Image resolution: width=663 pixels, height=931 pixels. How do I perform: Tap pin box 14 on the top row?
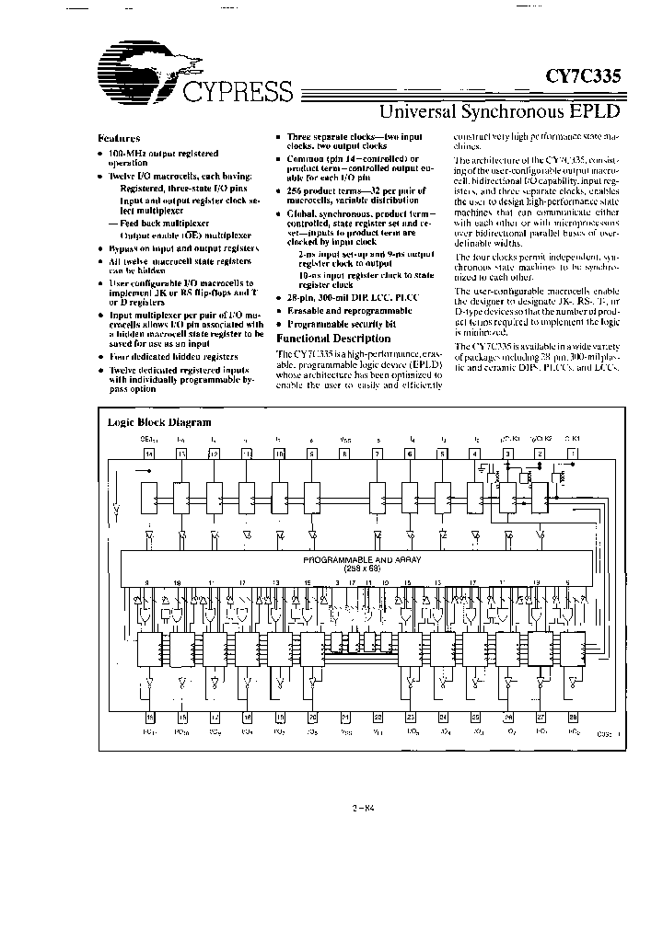149,454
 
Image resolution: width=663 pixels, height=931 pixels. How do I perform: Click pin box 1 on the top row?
572,454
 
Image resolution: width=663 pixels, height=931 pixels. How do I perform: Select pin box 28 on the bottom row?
572,718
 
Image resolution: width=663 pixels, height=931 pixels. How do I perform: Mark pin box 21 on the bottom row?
344,718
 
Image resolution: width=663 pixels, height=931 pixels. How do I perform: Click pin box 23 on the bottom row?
410,718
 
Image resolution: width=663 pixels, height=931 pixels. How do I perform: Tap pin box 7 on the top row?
377,454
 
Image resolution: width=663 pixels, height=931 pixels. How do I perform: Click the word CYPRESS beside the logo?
238,92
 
